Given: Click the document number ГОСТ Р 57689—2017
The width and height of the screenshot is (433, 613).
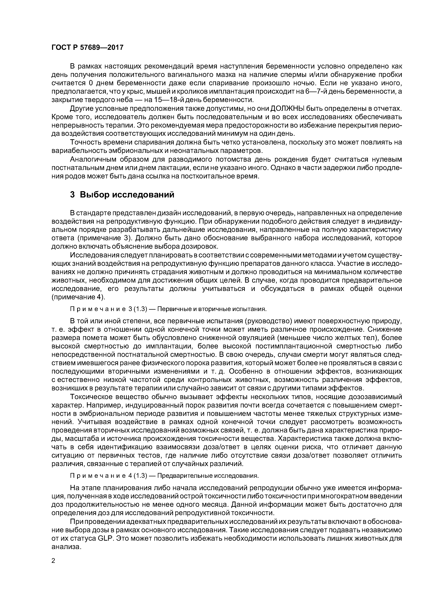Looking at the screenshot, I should [87, 48].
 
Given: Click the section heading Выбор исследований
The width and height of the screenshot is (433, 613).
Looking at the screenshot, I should [127, 195].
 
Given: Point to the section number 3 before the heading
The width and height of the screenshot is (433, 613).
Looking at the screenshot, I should [72, 195].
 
